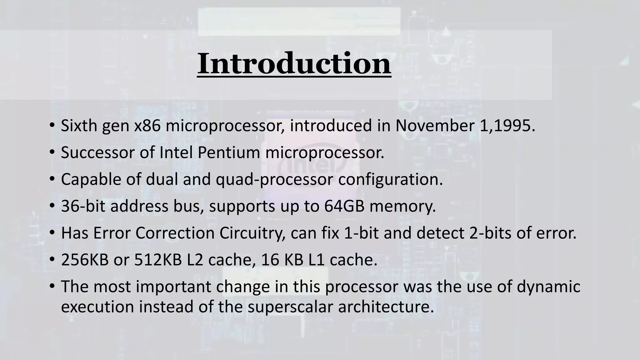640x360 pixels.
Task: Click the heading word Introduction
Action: coord(294,63)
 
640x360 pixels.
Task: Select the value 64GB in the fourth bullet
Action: coord(344,206)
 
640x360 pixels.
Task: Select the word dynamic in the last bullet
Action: coord(548,287)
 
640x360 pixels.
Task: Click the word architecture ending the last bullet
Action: coord(386,307)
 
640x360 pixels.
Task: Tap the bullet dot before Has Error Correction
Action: coord(52,233)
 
